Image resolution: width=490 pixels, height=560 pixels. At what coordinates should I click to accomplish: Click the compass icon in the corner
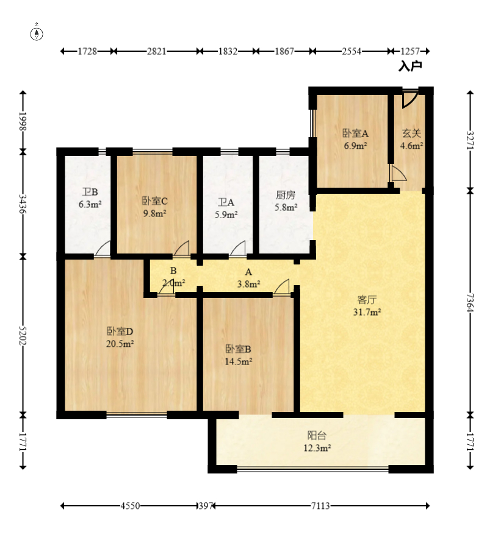37,33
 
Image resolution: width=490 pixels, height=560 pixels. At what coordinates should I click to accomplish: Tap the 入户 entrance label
410,66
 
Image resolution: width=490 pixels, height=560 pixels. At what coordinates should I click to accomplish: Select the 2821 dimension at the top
157,51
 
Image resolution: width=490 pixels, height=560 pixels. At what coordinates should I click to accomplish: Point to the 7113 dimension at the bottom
320,506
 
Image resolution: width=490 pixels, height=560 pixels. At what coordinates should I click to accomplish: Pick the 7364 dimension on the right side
470,303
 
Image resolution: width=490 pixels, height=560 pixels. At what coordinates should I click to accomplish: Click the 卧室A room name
355,133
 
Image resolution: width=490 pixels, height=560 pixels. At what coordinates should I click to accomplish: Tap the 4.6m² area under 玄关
412,146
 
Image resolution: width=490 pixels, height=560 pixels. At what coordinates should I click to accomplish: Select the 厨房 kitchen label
286,195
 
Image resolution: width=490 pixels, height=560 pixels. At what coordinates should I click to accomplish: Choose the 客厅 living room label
367,299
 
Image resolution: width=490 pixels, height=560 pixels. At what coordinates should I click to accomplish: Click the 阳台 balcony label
317,435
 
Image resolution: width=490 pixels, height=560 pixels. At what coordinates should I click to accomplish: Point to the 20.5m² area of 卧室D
120,344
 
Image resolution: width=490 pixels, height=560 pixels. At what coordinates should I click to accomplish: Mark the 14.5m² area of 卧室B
239,361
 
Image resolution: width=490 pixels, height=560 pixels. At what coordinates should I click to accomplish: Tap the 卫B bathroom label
90,192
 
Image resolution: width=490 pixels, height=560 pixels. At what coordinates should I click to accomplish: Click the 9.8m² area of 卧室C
154,213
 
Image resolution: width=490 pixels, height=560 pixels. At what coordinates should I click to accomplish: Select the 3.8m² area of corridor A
248,284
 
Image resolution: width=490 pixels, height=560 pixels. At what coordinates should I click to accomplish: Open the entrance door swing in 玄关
409,99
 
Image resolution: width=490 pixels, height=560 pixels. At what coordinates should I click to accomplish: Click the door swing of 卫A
238,249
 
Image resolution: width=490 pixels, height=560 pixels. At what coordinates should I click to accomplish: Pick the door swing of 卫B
103,249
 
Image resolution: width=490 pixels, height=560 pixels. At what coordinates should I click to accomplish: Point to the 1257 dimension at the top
410,51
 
